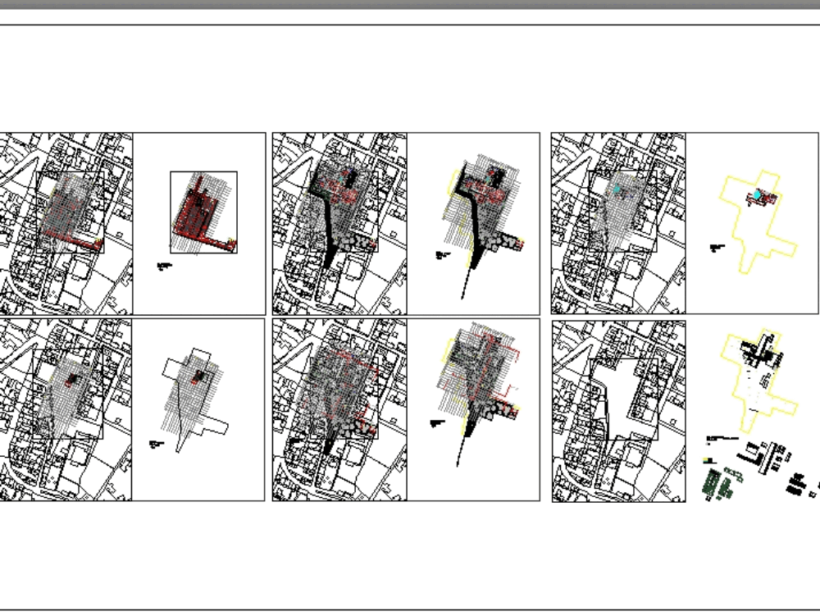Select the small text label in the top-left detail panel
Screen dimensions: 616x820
(164, 266)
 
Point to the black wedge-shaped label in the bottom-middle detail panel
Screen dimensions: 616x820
(437, 423)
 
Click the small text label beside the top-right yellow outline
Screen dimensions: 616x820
(717, 246)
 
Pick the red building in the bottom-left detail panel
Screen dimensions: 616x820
(198, 376)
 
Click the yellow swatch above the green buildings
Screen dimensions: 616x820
(707, 460)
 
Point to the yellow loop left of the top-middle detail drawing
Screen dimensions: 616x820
(452, 182)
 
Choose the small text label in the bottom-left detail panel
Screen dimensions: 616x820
(157, 444)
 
